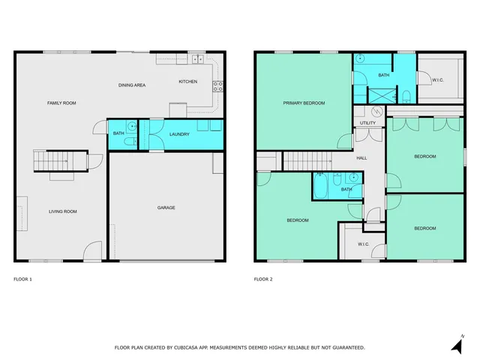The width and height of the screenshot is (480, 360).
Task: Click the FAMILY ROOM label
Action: [x=61, y=103]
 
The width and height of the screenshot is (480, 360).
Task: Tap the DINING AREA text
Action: [x=132, y=85]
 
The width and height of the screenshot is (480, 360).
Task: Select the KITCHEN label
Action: [x=187, y=81]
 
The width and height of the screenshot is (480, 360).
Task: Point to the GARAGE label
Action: [x=166, y=208]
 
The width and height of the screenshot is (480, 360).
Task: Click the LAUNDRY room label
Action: [x=179, y=134]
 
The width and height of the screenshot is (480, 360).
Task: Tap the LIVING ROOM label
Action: [x=63, y=211]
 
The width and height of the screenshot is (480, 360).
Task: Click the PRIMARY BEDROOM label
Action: [x=304, y=103]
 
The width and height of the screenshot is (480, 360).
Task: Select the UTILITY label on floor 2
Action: [x=367, y=123]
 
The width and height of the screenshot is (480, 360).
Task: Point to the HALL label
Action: [x=361, y=158]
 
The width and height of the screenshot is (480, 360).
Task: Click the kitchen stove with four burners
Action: [x=218, y=86]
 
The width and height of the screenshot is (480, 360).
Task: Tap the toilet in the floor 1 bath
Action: [x=128, y=140]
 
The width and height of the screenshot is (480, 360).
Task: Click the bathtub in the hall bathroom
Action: [x=321, y=187]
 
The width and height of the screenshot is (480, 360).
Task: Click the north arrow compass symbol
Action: [x=457, y=344]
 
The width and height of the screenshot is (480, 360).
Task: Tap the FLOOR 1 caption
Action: [x=23, y=279]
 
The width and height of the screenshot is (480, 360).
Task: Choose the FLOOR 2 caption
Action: [x=263, y=279]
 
